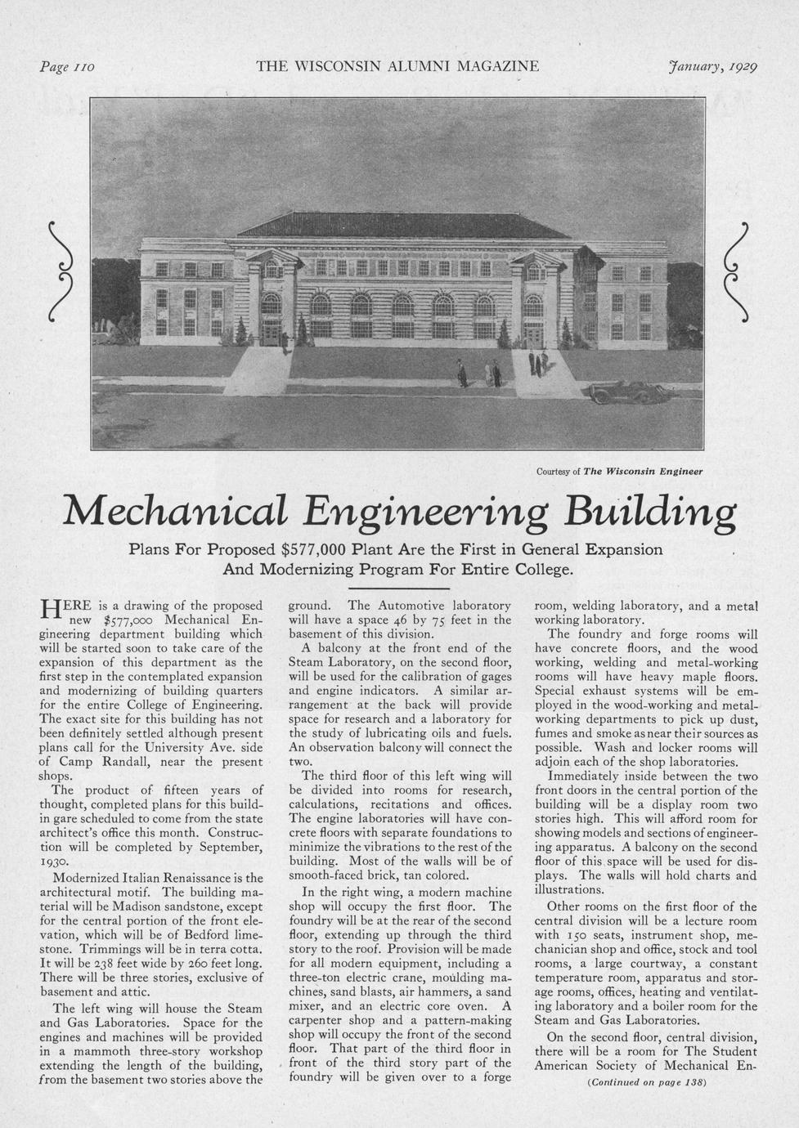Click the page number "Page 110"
68,66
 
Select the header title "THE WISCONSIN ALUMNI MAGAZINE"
397,66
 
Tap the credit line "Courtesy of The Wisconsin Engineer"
619,471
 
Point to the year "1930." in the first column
56,862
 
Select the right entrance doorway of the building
532,333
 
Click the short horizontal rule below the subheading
399,588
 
